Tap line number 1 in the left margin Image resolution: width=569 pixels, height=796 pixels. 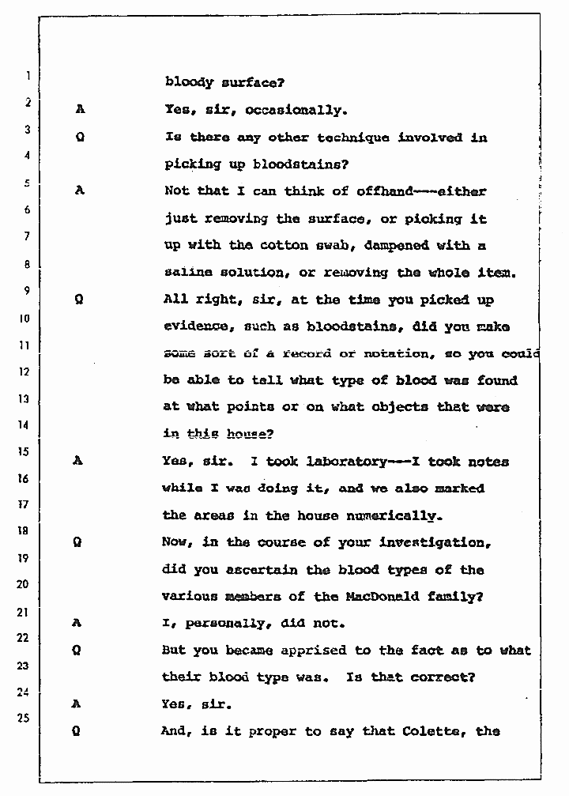tap(27, 77)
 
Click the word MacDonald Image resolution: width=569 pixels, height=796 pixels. tap(377, 597)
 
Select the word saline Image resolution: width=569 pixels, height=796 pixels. tap(187, 272)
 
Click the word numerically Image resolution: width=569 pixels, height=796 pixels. tap(393, 515)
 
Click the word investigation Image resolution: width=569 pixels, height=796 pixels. tap(434, 543)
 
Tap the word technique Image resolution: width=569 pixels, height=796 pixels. tap(353, 138)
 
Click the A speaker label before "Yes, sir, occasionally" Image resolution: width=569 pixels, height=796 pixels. tap(79, 111)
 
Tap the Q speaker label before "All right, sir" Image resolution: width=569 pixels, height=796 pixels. tap(79, 300)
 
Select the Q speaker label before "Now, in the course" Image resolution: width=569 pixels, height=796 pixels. tap(79, 543)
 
